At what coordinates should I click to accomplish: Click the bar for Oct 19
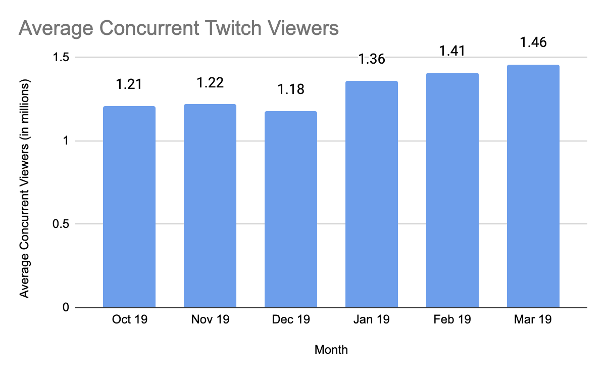point(129,207)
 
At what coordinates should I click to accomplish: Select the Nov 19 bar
point(210,206)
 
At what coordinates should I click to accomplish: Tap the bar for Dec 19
point(291,210)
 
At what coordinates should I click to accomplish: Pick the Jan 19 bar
point(372,195)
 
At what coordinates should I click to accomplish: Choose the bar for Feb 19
point(452,191)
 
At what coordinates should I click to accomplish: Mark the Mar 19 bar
point(533,186)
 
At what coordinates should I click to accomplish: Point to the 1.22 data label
point(210,82)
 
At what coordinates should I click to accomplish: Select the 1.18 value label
point(291,89)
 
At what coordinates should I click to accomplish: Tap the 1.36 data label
point(372,59)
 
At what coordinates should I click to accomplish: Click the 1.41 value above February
point(452,51)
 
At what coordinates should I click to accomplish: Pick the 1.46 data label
point(533,42)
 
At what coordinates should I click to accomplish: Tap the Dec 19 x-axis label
point(291,319)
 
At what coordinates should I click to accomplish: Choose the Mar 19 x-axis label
point(533,319)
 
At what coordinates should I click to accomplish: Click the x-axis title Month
point(331,349)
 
